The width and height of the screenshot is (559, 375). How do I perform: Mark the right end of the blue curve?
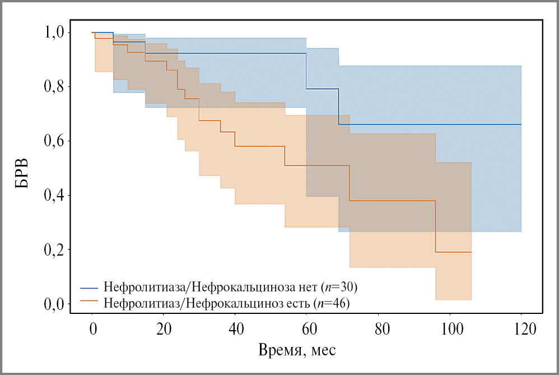pyautogui.click(x=521, y=124)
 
